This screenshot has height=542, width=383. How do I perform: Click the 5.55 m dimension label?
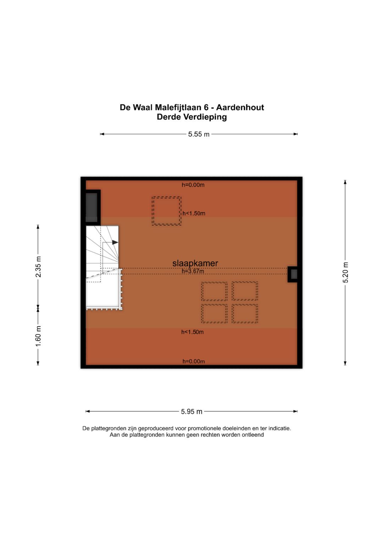tap(199, 134)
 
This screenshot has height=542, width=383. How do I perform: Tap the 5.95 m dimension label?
tap(191, 411)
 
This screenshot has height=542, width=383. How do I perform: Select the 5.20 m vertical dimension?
tap(345, 272)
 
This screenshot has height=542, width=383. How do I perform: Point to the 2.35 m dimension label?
tap(38, 266)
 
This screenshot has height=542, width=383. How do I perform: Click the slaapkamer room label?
tap(195, 263)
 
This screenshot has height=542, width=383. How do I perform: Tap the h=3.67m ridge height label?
tap(193, 271)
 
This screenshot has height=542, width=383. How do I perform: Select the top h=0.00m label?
tap(193, 185)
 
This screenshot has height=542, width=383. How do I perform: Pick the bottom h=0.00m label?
tap(194, 361)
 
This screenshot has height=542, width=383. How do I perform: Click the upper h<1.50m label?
tap(194, 213)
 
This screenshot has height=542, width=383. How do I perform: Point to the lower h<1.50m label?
tap(192, 332)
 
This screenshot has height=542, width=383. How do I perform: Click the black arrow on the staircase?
tap(115, 242)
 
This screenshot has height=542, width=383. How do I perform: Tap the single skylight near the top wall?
tap(166, 211)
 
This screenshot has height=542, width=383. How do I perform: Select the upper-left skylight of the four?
tap(214, 291)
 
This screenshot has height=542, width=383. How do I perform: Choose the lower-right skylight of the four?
tap(245, 313)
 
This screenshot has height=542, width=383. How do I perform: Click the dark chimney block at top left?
tap(91, 208)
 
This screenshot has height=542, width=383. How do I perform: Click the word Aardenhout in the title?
tap(240, 107)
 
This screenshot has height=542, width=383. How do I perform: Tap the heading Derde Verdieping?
tap(191, 117)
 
